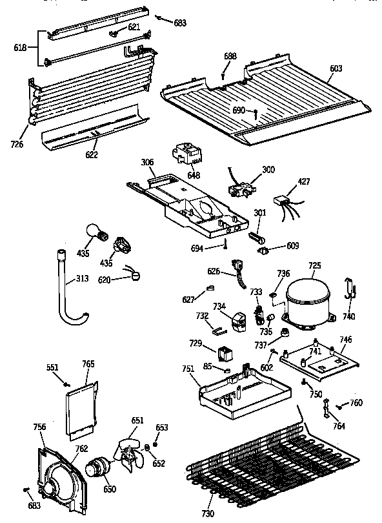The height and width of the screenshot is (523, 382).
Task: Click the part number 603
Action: click(x=336, y=68)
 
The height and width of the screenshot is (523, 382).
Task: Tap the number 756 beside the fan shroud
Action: click(x=40, y=426)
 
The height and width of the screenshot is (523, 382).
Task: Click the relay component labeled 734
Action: click(x=239, y=322)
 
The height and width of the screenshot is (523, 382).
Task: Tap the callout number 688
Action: click(x=230, y=56)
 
